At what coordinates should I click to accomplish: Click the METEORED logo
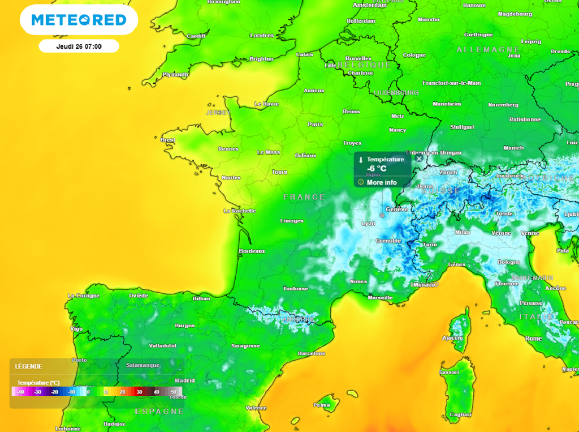(79, 20)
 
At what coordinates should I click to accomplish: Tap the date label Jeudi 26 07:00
(79, 46)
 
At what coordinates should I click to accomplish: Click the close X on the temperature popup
(419, 159)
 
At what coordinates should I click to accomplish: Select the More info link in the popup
(382, 182)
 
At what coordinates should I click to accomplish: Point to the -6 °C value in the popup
(377, 169)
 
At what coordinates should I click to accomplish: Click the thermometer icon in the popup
(360, 160)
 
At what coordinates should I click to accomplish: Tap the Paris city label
(315, 124)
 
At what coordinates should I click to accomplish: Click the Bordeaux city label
(252, 251)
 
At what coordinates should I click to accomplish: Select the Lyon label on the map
(368, 224)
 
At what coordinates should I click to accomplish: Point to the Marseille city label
(380, 297)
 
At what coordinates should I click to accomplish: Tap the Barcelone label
(312, 353)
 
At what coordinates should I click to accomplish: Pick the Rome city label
(533, 339)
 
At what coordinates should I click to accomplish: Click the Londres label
(262, 36)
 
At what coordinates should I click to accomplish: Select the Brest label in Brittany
(168, 140)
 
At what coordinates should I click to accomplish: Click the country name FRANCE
(304, 197)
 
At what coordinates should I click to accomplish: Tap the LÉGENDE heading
(29, 366)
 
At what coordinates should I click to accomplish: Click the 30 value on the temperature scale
(139, 392)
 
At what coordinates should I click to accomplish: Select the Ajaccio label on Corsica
(452, 337)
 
